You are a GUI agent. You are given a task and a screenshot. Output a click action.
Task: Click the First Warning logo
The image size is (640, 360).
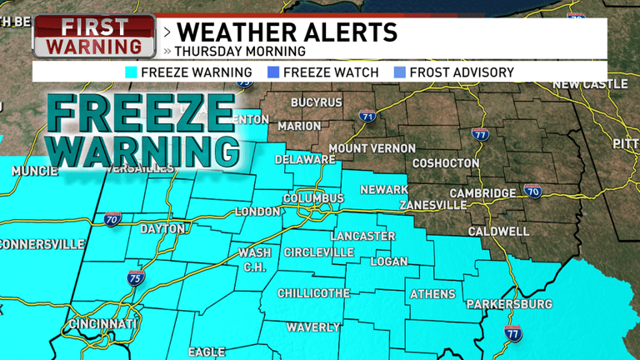click(x=93, y=37)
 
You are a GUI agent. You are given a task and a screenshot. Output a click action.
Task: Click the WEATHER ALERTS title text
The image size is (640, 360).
click(x=287, y=33)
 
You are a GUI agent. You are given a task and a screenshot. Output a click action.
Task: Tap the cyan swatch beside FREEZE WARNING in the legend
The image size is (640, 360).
click(x=131, y=72)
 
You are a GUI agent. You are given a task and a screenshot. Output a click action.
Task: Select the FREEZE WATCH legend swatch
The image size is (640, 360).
click(x=272, y=72)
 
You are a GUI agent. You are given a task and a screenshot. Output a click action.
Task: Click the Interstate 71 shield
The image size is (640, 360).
click(x=367, y=117)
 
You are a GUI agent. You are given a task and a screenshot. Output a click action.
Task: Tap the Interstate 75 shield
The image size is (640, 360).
click(x=136, y=279)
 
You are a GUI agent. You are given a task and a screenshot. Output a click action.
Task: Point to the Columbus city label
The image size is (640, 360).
click(x=313, y=198)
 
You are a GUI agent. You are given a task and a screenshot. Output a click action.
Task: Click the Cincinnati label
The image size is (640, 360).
click(x=103, y=323)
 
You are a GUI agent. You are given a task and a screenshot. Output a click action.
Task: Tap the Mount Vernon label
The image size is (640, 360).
click(x=372, y=148)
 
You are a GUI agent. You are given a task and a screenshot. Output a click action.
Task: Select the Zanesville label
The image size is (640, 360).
click(x=432, y=205)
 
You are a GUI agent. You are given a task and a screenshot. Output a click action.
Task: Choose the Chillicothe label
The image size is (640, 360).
click(x=313, y=293)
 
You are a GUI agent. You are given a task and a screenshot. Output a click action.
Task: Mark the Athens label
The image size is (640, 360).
click(x=432, y=294)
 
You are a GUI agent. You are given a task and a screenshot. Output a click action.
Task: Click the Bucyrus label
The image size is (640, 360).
click(x=316, y=102)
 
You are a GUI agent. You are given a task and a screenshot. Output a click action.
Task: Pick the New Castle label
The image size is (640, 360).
click(x=589, y=84)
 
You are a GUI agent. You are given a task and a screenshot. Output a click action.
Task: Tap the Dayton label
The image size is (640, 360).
click(x=162, y=228)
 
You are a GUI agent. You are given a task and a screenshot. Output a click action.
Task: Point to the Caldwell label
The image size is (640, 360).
click(x=498, y=231)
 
